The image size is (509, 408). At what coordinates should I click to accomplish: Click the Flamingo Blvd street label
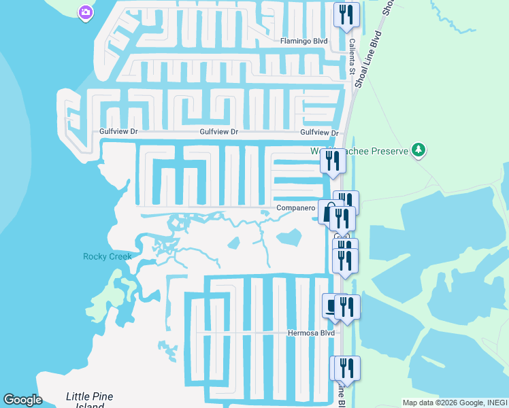tap(304, 41)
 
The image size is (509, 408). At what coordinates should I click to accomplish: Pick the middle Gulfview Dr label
tap(218, 133)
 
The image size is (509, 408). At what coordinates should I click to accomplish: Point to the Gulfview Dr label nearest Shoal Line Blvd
tap(319, 133)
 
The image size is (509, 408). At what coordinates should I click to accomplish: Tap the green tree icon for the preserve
tap(419, 150)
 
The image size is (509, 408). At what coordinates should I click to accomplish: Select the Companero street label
tap(295, 208)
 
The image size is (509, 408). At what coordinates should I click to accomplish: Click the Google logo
tap(22, 400)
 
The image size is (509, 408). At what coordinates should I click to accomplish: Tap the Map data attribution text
tap(455, 403)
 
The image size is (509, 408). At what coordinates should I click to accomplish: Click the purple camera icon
tap(85, 12)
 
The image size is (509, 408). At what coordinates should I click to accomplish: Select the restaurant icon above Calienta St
tap(346, 14)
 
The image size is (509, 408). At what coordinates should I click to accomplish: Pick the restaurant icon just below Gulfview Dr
tap(333, 161)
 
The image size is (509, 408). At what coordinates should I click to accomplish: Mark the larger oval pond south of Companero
tap(290, 237)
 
